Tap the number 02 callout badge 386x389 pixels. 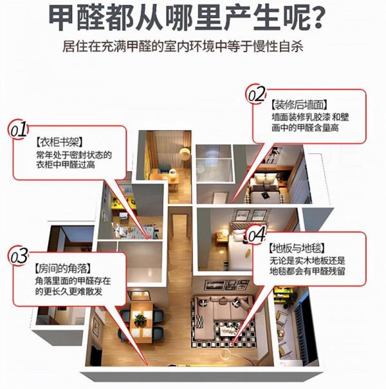click(257, 95)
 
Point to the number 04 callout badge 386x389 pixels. click(256, 232)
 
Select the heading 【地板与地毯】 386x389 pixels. click(296, 247)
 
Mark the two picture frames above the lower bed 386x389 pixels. click(241, 220)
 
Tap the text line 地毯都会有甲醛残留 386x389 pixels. click(307, 273)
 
